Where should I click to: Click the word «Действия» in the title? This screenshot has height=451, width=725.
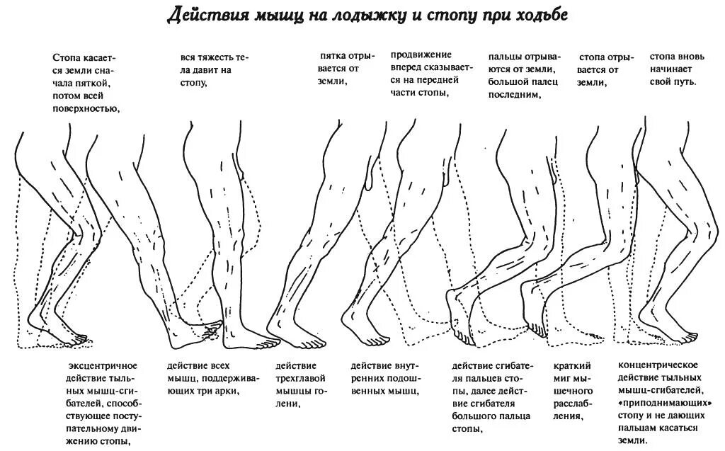[202, 16]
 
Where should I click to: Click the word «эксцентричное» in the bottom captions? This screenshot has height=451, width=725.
[102, 365]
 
